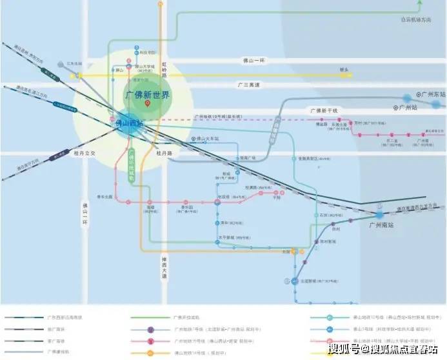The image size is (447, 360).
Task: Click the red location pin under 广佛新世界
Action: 148,104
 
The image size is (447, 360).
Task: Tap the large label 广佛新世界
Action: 147,95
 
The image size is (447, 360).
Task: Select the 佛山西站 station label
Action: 129,122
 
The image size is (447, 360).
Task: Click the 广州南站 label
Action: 381,225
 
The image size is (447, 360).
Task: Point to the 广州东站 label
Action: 428,94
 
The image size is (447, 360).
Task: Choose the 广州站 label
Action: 410,107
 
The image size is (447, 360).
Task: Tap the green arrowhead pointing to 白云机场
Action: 420,3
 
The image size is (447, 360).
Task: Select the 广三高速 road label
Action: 248,85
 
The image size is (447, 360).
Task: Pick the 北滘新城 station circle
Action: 285,281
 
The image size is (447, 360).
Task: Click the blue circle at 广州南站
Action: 379,214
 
